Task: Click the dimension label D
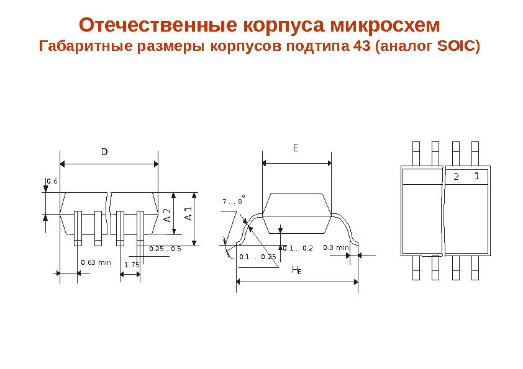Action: (104, 151)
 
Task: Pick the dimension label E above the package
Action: (296, 149)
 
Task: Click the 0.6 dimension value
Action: (52, 181)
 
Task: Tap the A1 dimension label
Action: (188, 216)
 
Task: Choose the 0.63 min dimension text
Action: (96, 262)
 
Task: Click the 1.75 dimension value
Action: (132, 265)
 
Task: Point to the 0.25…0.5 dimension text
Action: (165, 249)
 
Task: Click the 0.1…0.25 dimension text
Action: (257, 257)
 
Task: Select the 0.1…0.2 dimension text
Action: (299, 249)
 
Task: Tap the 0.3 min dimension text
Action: (336, 248)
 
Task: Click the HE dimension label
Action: (297, 271)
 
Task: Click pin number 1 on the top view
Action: (476, 177)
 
